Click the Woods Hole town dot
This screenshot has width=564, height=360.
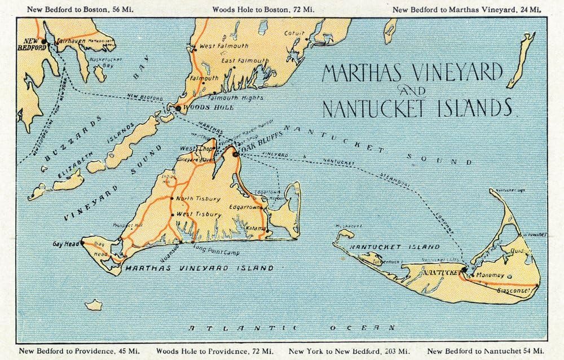click(178, 107)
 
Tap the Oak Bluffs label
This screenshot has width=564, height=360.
click(257, 152)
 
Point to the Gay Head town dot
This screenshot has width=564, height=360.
click(82, 243)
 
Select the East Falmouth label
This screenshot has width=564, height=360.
click(244, 60)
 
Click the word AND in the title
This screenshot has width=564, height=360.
click(412, 91)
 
